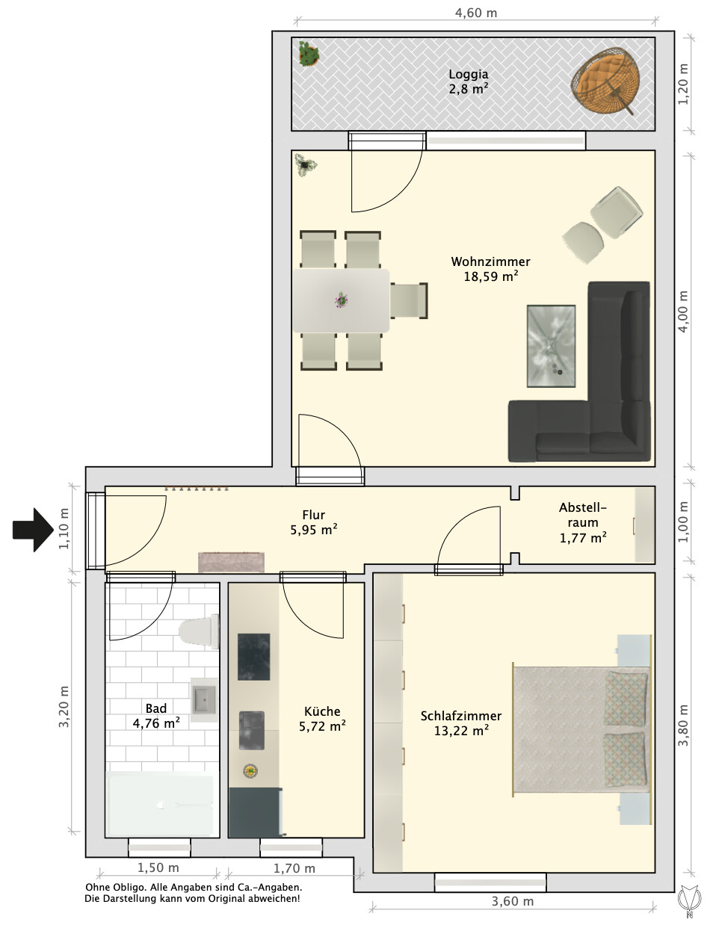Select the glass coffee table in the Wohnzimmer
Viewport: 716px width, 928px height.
tap(551, 346)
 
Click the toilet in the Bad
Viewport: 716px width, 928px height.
tap(199, 631)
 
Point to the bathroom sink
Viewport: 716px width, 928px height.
tap(205, 699)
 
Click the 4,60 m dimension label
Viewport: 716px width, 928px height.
tap(476, 13)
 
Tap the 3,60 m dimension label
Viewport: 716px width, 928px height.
tap(513, 901)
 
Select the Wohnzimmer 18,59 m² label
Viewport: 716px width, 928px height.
tap(490, 269)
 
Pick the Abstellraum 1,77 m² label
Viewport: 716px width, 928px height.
tap(583, 522)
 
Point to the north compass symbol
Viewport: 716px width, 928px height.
tap(689, 900)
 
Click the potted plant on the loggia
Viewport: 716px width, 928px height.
tap(309, 54)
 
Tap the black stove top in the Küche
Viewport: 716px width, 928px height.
tap(254, 656)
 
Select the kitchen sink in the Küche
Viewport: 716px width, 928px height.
tap(251, 730)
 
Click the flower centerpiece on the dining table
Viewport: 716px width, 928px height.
tap(341, 300)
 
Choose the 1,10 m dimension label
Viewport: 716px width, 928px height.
tap(64, 529)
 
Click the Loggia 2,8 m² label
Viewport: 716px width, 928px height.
tap(468, 81)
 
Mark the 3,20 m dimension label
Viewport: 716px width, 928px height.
tap(64, 707)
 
